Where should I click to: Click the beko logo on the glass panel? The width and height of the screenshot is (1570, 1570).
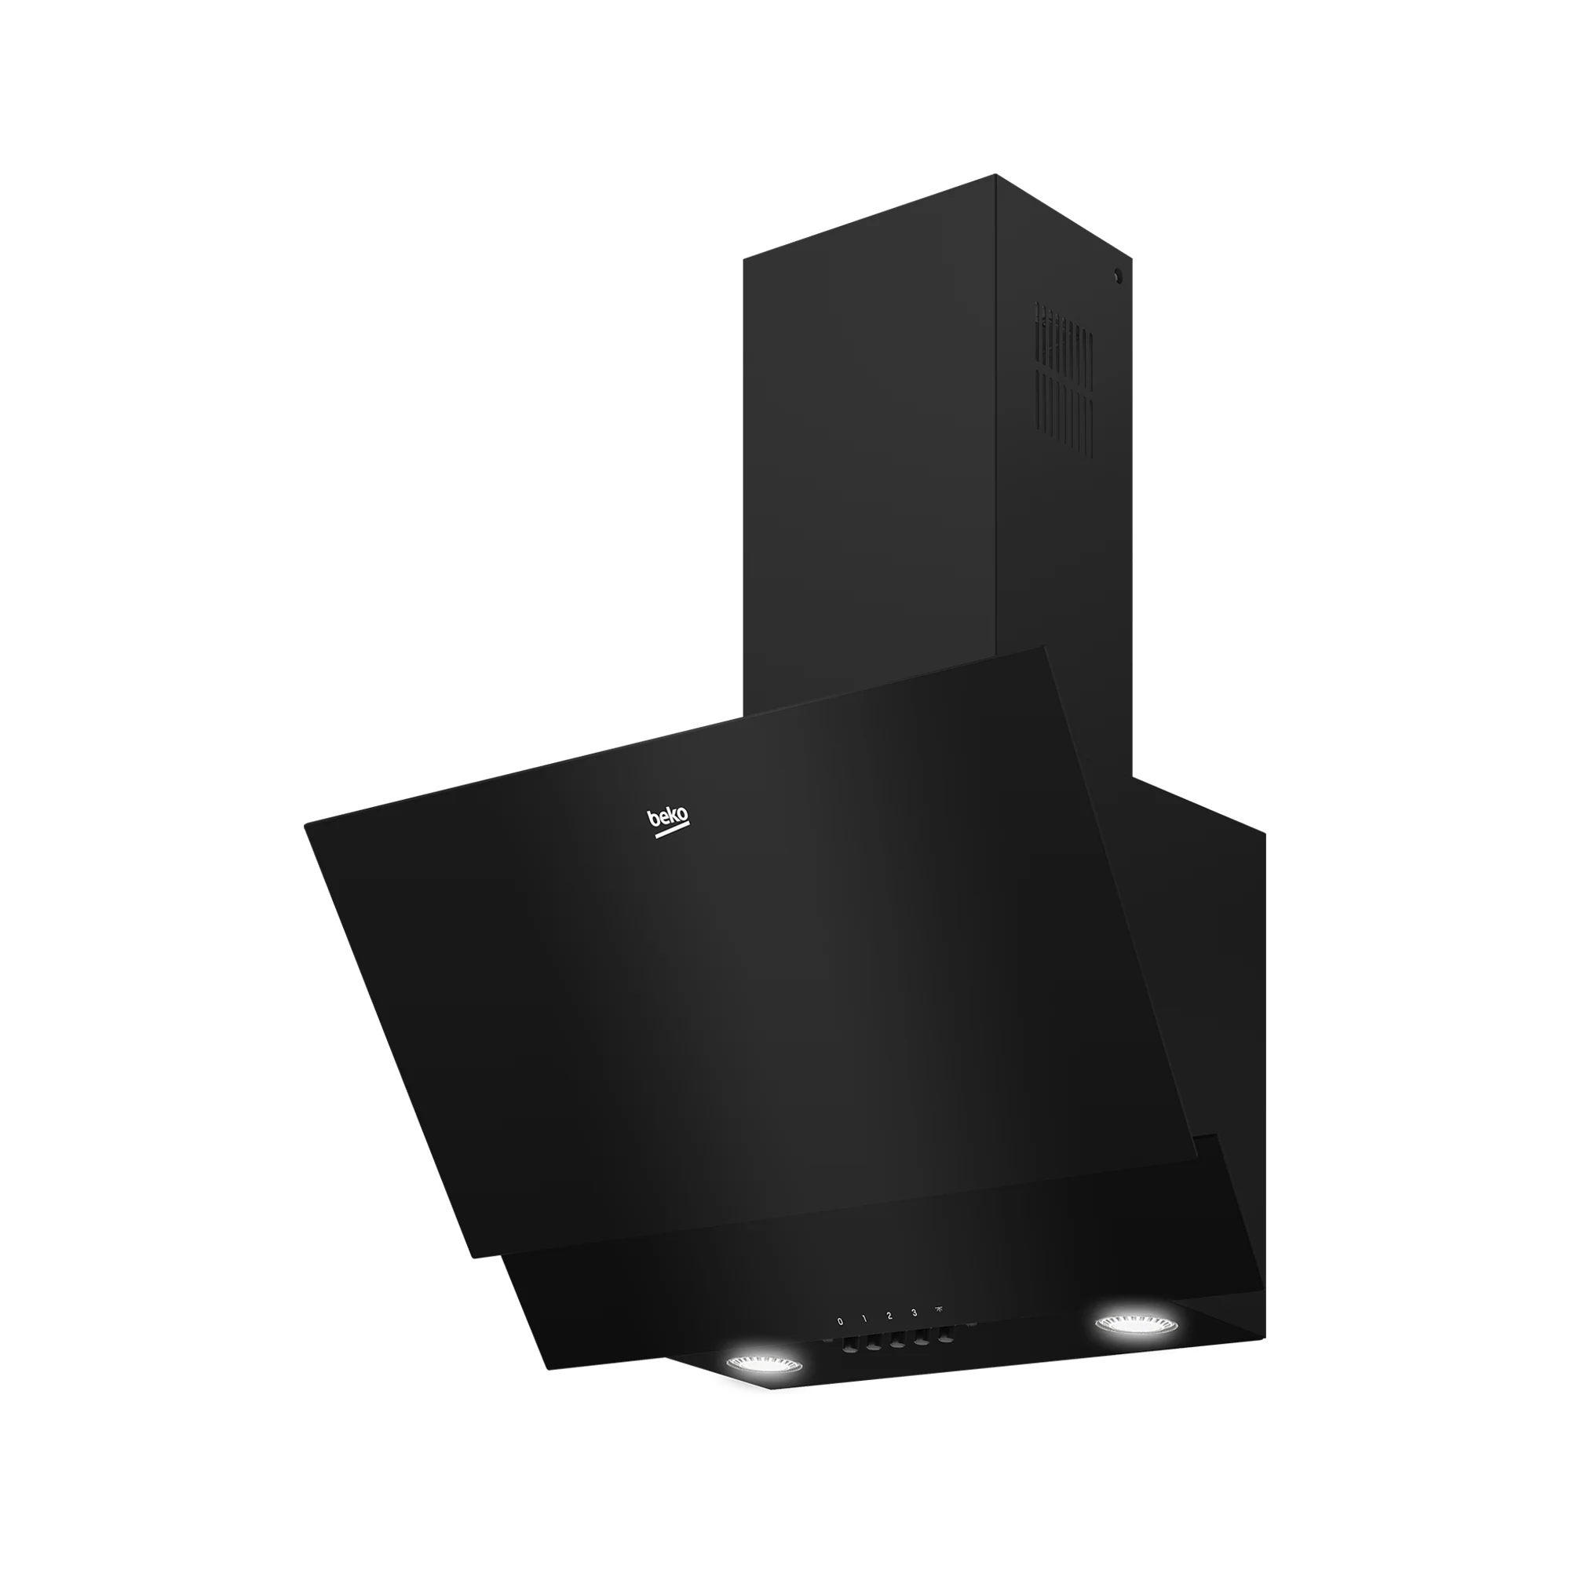click(x=667, y=818)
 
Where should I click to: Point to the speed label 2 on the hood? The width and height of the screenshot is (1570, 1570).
click(x=890, y=1316)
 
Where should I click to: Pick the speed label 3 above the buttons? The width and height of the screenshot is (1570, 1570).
click(x=915, y=1313)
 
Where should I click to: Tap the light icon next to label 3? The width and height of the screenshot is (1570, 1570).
click(x=940, y=1309)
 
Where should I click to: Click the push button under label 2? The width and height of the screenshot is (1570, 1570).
click(x=898, y=1345)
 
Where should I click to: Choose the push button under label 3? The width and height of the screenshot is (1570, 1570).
click(x=922, y=1342)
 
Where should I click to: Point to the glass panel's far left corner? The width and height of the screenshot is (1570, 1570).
click(x=306, y=825)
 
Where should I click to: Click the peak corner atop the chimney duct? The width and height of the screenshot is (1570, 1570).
click(x=995, y=175)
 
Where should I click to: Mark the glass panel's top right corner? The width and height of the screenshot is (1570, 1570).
click(x=1042, y=647)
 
